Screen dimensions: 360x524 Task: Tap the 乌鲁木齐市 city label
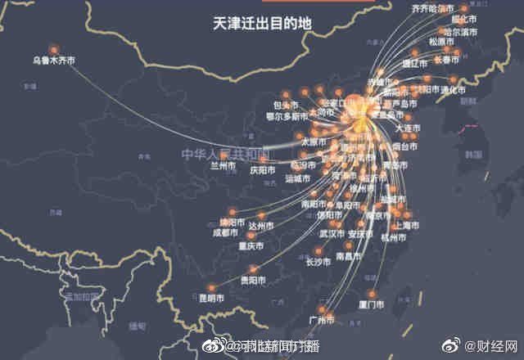(54, 60)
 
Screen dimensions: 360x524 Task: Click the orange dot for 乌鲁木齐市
(54, 49)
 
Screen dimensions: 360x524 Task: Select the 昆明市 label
(210, 299)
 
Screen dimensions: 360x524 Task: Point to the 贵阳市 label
(251, 280)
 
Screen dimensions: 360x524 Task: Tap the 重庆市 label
(250, 245)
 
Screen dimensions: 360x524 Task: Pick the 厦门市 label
(371, 304)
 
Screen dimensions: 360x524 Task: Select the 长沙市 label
(318, 263)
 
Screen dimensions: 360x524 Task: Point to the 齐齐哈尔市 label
(431, 9)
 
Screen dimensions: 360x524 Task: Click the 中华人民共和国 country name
(219, 153)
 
